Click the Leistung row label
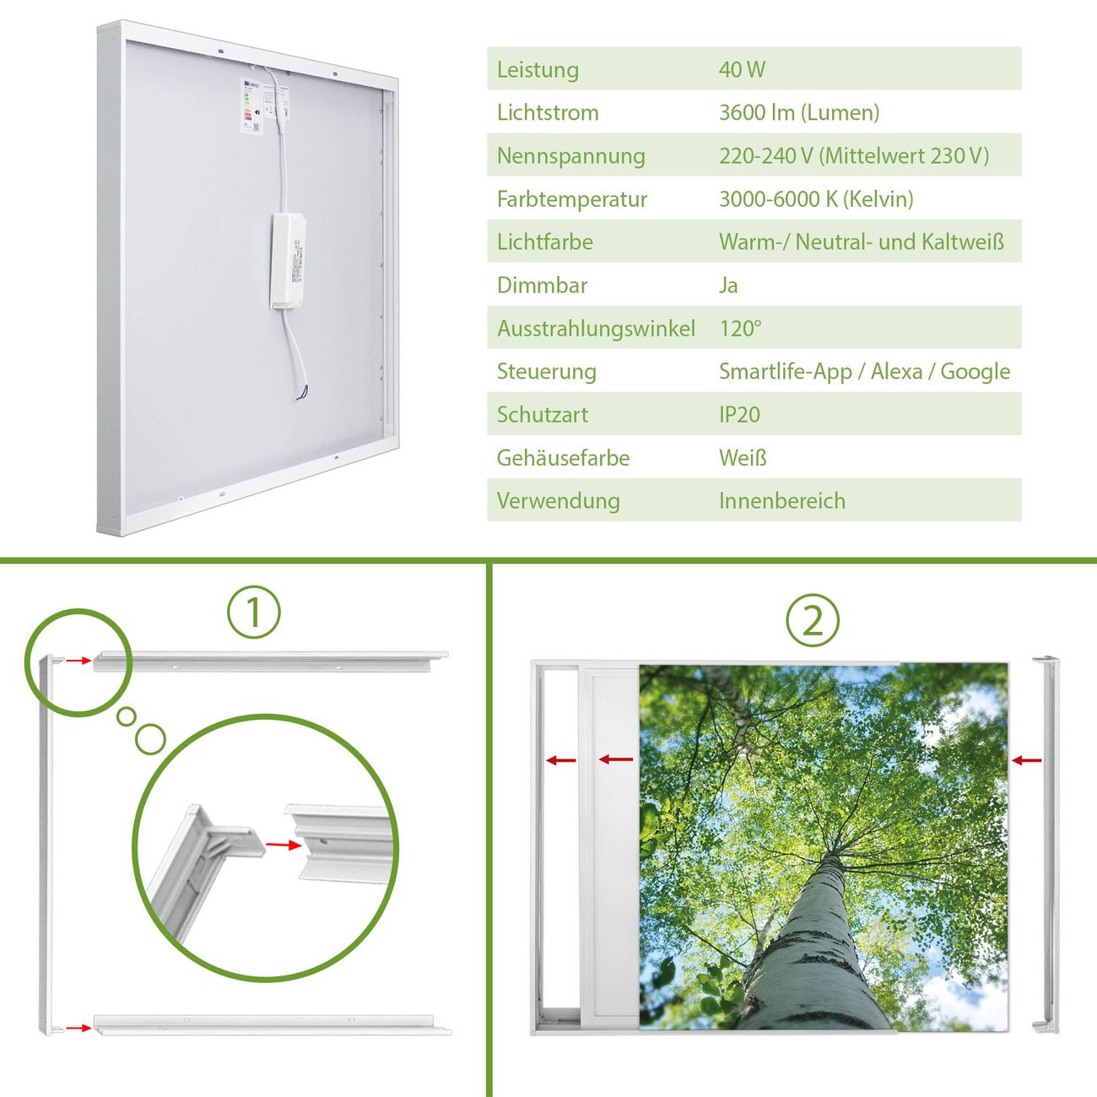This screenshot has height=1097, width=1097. (x=538, y=70)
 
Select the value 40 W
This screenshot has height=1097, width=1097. (x=742, y=69)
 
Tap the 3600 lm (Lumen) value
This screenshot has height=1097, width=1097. (x=799, y=113)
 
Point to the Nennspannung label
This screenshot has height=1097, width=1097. (x=571, y=156)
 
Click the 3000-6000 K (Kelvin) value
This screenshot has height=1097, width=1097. (x=816, y=199)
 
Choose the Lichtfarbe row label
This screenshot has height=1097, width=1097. (x=545, y=242)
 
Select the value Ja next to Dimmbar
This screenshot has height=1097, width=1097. (x=728, y=285)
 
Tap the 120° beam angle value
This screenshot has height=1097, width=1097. (x=740, y=328)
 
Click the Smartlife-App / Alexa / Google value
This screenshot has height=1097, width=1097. (x=864, y=372)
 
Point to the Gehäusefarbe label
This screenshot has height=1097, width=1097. (x=563, y=457)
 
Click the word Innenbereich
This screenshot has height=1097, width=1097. (x=782, y=501)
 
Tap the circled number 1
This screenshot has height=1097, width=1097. (x=254, y=613)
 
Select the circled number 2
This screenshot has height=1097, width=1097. (x=813, y=620)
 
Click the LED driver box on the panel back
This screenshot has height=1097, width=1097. (x=288, y=262)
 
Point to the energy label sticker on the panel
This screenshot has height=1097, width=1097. (x=251, y=105)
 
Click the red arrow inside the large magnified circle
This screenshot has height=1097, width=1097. (x=284, y=846)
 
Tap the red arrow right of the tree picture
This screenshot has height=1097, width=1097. (x=1026, y=760)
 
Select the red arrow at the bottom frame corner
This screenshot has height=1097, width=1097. (x=78, y=1028)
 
